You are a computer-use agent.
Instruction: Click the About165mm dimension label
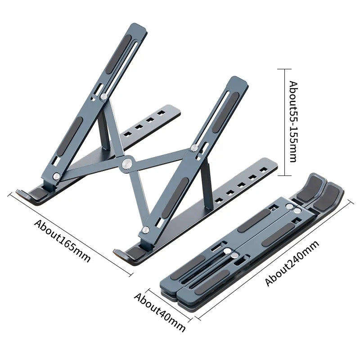[63, 241]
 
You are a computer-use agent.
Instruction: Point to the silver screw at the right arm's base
[145, 230]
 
